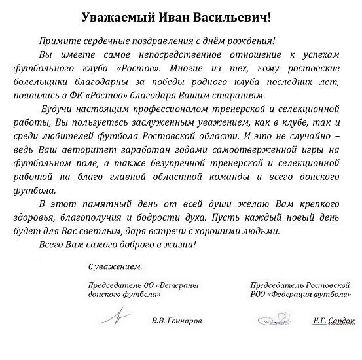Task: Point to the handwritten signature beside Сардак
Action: point(275,321)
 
